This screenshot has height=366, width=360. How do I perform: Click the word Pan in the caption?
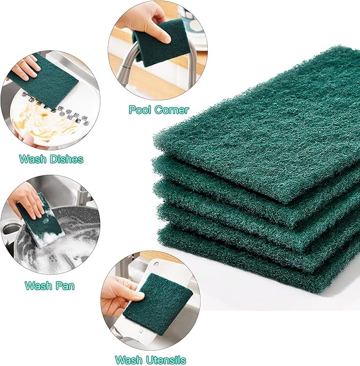coord(65,286)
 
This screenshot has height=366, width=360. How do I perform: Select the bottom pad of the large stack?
coord(276,265)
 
